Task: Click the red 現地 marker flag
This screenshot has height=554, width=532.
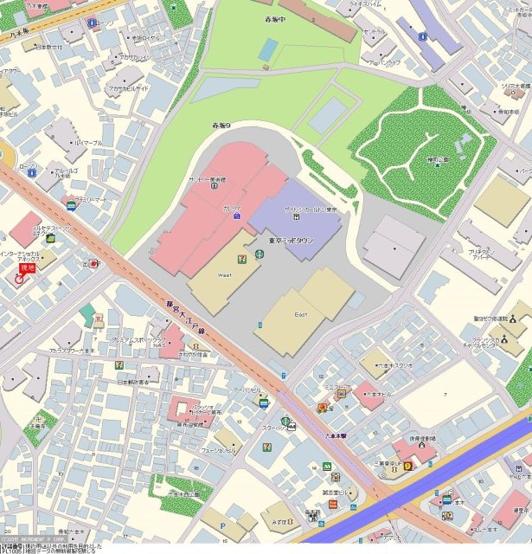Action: click(26, 270)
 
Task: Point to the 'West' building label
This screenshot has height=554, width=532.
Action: click(224, 274)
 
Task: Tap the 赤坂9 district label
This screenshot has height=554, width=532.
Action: click(222, 126)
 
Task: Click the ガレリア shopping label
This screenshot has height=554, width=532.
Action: click(232, 209)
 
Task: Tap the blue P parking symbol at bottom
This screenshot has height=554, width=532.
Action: click(223, 525)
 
